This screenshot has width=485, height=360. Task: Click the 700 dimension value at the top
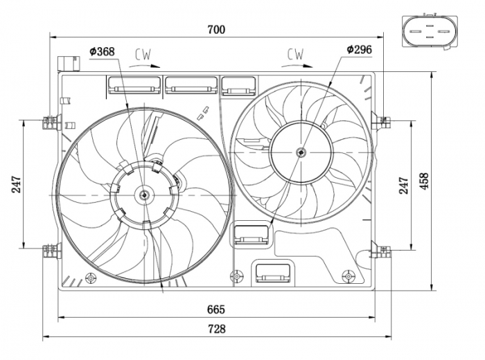(217, 29)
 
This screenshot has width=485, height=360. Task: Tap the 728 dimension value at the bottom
(216, 330)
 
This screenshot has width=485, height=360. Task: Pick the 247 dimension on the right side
(404, 183)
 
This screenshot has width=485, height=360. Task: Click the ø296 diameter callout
(358, 50)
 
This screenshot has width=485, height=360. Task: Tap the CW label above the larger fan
(143, 53)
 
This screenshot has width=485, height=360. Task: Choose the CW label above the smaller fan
(296, 53)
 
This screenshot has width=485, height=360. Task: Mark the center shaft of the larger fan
(144, 196)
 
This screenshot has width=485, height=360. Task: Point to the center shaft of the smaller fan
(301, 152)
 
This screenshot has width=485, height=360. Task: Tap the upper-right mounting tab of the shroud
(380, 122)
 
